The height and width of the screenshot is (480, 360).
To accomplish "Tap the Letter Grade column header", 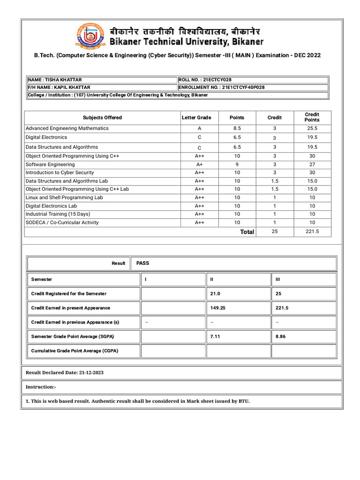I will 196,118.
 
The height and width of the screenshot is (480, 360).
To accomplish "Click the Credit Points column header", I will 312,117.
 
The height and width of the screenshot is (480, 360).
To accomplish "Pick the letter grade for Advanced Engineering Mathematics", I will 200,128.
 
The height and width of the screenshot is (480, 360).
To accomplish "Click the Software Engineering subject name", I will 50,165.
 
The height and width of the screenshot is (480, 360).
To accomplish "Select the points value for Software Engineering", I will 237,165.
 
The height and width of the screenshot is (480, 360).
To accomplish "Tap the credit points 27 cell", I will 312,165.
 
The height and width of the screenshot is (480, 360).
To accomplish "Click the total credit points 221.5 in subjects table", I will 312,232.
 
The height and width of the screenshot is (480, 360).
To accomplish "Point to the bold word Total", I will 247,232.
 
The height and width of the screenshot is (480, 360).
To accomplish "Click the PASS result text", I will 142,263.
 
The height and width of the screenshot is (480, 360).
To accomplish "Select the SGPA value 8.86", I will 280,337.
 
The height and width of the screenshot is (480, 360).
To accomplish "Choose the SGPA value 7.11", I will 215,337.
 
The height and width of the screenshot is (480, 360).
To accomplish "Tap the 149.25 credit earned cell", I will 218,308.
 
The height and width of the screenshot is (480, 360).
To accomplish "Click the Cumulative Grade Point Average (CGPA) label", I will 75,351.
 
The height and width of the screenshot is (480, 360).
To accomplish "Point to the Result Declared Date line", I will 65,373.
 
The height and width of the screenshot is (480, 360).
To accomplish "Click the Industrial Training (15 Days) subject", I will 58,214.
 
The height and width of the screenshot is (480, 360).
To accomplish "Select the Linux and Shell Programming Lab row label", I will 64,197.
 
